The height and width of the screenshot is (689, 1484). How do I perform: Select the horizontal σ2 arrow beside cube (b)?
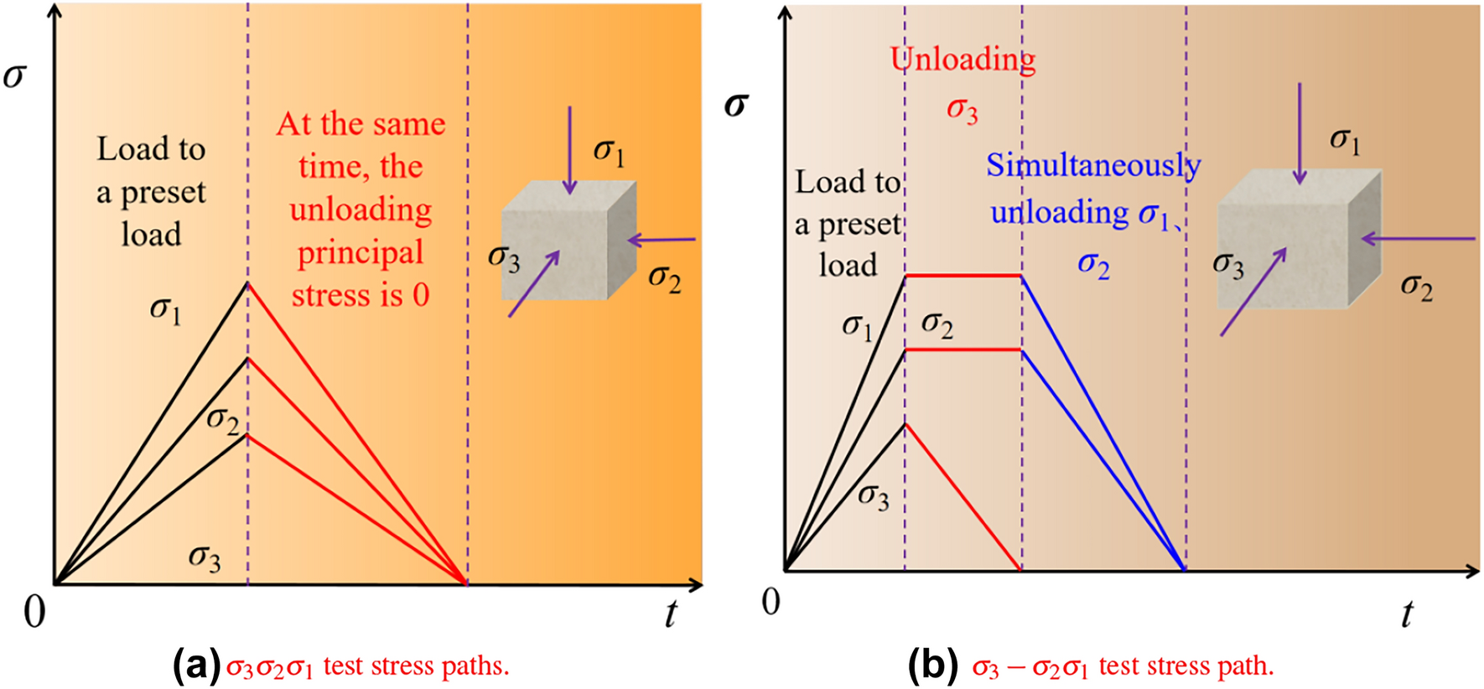(1417, 239)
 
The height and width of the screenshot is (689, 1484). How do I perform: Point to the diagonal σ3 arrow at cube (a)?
(533, 285)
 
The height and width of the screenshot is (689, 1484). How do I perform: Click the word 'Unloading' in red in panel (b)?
(963, 60)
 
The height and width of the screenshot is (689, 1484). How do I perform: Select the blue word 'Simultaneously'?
(1092, 166)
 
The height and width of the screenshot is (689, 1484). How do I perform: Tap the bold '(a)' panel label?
(196, 666)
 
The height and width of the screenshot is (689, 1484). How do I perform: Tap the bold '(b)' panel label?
(932, 666)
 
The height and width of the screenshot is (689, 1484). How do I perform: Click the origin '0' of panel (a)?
(34, 613)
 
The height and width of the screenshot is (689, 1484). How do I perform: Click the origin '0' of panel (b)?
(771, 602)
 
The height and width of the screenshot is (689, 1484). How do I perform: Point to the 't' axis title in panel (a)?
(670, 614)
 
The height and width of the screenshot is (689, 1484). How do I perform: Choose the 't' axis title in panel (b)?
(1406, 614)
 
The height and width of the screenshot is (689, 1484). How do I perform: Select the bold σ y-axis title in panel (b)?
(735, 106)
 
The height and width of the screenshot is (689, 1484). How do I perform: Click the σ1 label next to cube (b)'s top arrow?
(1345, 141)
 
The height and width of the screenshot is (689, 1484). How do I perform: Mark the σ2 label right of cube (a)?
(664, 278)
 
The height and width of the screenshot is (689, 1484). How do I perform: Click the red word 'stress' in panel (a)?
(330, 295)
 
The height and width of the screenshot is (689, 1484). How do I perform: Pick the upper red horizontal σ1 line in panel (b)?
(963, 275)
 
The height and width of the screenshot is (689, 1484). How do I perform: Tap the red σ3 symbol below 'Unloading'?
(962, 110)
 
